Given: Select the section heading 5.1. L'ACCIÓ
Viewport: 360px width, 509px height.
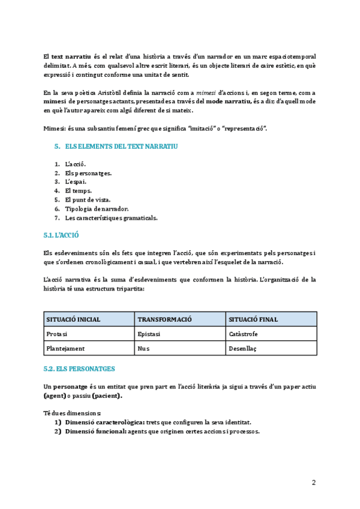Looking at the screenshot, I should [61, 235].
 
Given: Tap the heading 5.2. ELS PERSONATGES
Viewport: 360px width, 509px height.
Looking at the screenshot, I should [79, 368].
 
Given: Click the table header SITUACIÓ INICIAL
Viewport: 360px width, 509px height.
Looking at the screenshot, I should [73, 319].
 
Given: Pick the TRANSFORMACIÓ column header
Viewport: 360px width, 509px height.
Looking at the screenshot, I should [164, 319].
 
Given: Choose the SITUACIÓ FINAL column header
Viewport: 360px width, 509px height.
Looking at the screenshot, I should [253, 319].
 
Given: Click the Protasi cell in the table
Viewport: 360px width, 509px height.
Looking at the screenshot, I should [57, 334].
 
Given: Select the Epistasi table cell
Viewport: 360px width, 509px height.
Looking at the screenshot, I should [149, 334].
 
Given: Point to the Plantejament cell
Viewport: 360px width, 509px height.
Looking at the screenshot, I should [65, 348].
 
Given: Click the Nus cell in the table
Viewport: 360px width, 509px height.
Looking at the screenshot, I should [143, 348].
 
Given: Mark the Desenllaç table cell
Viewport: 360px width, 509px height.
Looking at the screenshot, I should [243, 348].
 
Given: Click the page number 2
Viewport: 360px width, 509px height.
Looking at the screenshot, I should [313, 483].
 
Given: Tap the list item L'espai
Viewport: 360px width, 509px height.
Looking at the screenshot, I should [76, 181].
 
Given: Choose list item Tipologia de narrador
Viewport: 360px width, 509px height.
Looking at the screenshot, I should [97, 208].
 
